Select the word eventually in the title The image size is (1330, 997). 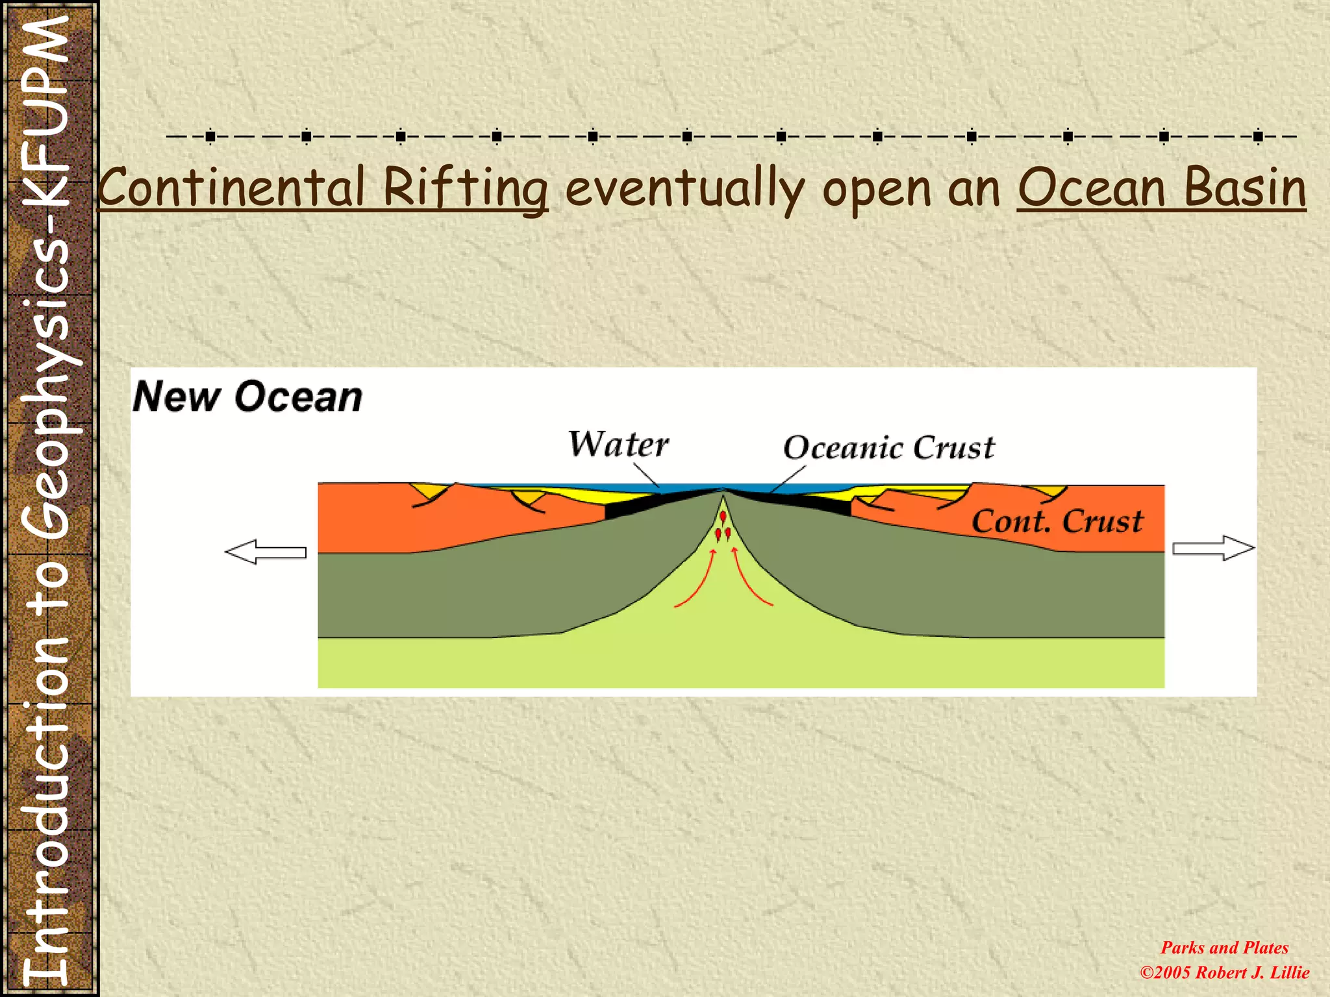point(685,188)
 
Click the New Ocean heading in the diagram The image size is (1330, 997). point(247,397)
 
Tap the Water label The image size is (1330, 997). point(618,445)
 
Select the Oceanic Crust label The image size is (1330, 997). point(888,448)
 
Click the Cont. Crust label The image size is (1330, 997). point(1057,521)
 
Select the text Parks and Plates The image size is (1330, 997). point(1224,948)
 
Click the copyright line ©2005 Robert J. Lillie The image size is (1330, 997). point(1224,972)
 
